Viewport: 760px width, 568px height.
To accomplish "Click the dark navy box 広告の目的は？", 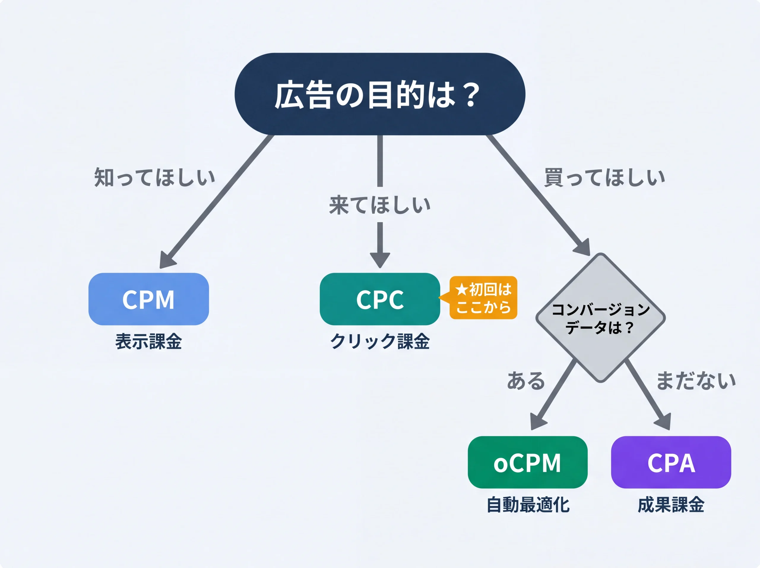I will pos(379,94).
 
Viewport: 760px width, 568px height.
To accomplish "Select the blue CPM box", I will pos(148,299).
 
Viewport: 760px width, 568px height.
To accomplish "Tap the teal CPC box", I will pos(379,299).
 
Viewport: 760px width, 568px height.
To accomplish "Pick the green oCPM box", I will pos(527,462).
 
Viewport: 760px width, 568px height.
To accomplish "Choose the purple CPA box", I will pos(671,462).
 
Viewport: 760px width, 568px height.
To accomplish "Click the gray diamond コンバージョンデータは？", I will pos(600,318).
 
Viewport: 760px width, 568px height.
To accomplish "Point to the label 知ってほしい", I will pos(155,177).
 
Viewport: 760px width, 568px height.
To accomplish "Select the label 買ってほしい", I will pos(604,177).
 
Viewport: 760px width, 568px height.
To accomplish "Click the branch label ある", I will pos(526,381).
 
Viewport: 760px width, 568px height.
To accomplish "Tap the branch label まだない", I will pos(696,381).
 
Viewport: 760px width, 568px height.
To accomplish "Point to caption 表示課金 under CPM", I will pos(148,342).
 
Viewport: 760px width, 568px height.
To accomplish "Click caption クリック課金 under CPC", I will pos(379,342).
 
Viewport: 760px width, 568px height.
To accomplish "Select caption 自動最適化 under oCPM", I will pos(528,505).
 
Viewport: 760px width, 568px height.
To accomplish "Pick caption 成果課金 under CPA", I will pos(671,505).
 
